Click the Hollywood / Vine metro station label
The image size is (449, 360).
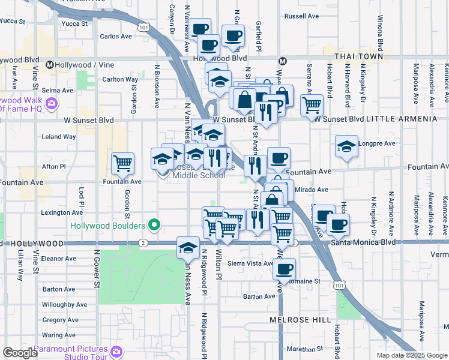(78, 64)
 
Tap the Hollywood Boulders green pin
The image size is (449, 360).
(155, 226)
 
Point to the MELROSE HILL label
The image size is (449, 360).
(300, 320)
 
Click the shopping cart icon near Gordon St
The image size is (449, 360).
(122, 163)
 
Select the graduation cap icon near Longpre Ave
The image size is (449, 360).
(346, 146)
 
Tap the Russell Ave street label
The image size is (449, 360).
(300, 16)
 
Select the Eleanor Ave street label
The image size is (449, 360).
(59, 259)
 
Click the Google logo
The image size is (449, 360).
(20, 352)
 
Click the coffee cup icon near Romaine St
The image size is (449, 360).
(285, 268)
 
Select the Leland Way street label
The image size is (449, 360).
(59, 137)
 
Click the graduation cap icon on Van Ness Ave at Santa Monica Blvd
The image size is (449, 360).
(188, 247)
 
